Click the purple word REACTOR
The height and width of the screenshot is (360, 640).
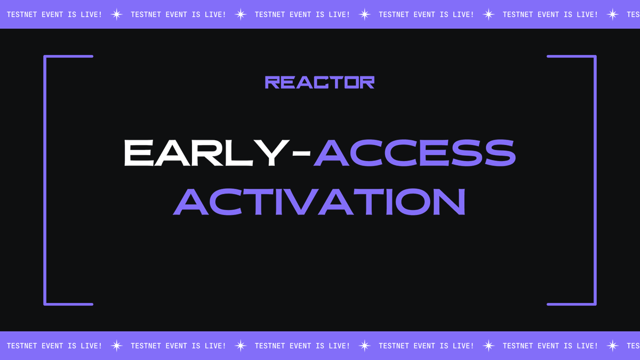click(319, 82)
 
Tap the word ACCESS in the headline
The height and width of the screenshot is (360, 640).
click(415, 153)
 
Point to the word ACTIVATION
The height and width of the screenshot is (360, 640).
click(319, 202)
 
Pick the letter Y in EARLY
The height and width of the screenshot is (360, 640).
click(271, 153)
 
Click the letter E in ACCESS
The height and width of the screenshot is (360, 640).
click(434, 153)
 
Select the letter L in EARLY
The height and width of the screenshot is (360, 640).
click(239, 153)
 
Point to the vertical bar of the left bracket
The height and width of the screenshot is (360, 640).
click(45, 180)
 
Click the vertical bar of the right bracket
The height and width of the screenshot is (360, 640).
click(595, 180)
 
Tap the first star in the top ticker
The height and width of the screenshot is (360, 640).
click(117, 14)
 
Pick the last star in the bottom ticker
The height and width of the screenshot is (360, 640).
click(613, 346)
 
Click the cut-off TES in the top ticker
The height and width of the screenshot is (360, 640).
click(634, 14)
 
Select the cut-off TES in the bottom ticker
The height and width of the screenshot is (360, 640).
click(634, 346)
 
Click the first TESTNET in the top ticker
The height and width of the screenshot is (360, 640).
click(22, 14)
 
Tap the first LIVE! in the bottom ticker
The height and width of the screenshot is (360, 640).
click(91, 346)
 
